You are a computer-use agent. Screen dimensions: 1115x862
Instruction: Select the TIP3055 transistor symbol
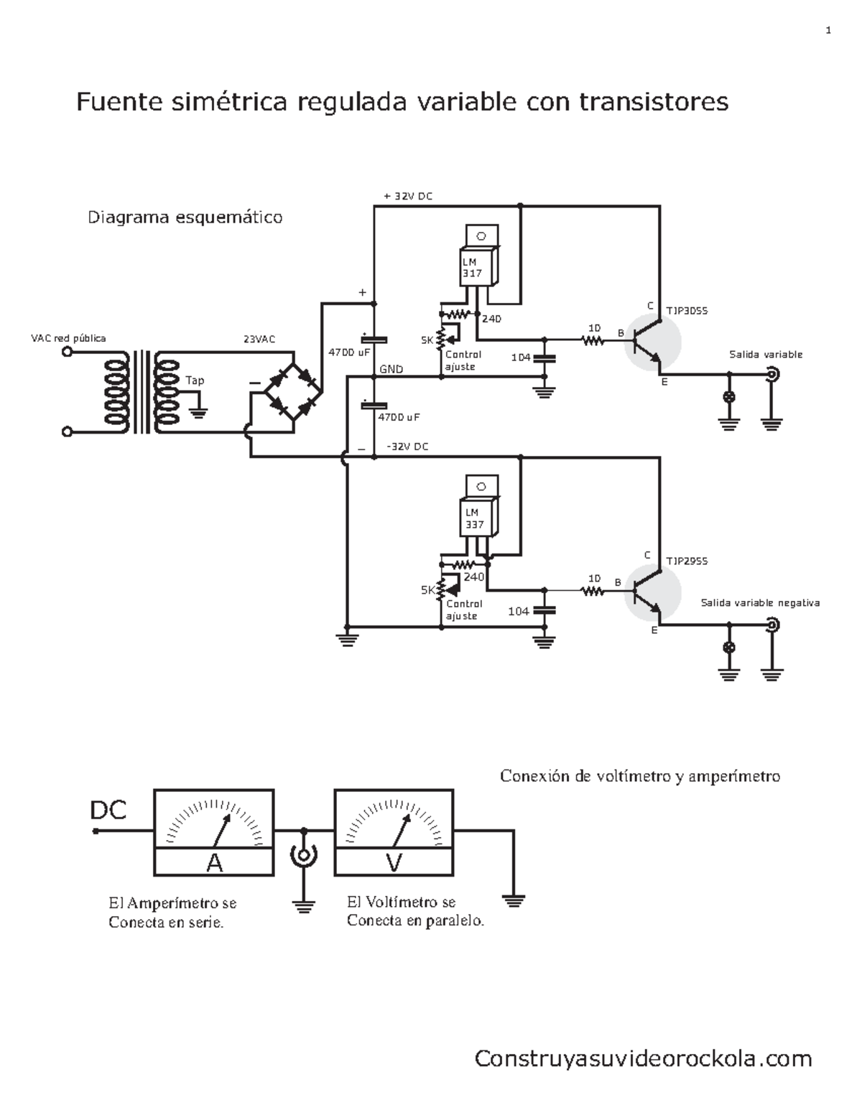pyautogui.click(x=651, y=342)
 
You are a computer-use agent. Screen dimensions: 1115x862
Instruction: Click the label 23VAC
pyautogui.click(x=259, y=339)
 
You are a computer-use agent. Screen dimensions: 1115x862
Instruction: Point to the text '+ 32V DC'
pyautogui.click(x=408, y=196)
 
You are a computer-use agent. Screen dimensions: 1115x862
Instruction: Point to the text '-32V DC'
pyautogui.click(x=407, y=447)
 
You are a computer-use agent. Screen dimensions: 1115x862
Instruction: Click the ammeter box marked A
pyautogui.click(x=214, y=832)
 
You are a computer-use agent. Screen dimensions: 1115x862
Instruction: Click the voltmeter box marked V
pyautogui.click(x=394, y=832)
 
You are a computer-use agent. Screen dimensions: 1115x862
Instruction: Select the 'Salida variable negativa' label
pyautogui.click(x=760, y=603)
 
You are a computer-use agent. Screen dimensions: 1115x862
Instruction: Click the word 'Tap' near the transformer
pyautogui.click(x=195, y=381)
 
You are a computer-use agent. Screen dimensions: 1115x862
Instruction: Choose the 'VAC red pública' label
pyautogui.click(x=68, y=337)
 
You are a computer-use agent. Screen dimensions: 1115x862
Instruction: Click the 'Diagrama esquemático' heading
pyautogui.click(x=185, y=217)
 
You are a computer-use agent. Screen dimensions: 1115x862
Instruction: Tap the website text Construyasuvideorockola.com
pyautogui.click(x=643, y=1058)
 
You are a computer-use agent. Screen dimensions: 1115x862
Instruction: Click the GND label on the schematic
pyautogui.click(x=391, y=370)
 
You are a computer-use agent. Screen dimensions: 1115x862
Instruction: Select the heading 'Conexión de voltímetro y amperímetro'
pyautogui.click(x=639, y=776)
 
